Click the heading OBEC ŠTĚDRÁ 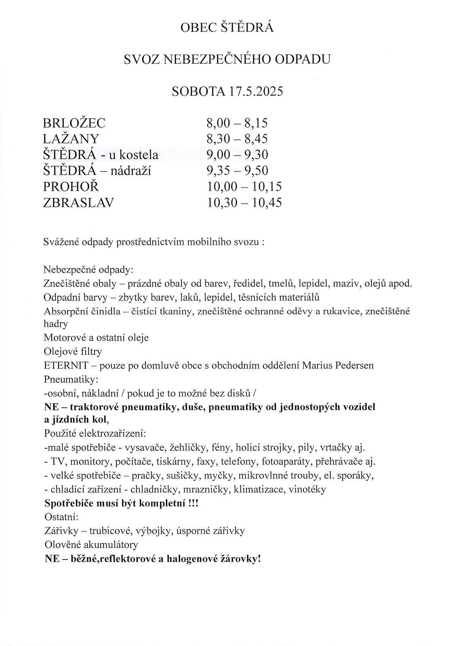coord(227,28)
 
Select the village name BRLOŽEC coord(74,123)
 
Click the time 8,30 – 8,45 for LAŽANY coord(237,139)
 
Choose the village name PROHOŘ coord(71,187)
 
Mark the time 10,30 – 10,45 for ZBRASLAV coord(244,202)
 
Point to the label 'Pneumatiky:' coord(71,379)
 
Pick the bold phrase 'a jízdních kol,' coord(76,420)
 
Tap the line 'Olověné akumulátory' coord(91,545)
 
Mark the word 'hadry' coord(55,324)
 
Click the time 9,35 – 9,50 coord(237,171)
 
